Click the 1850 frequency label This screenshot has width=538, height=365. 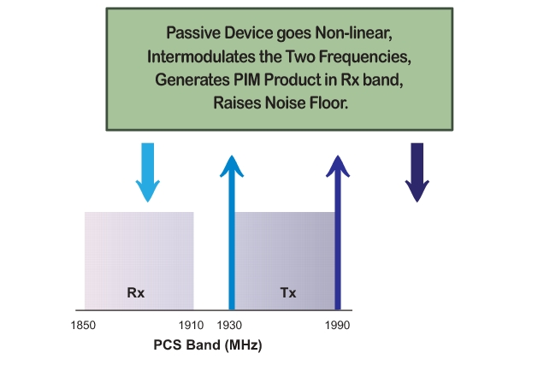click(83, 325)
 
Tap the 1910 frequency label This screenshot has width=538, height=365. click(191, 325)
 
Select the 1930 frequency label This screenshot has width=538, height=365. click(229, 325)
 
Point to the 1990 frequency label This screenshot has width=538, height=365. click(338, 325)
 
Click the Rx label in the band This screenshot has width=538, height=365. click(136, 292)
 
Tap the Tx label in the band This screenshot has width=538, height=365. click(288, 292)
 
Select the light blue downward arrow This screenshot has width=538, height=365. click(147, 173)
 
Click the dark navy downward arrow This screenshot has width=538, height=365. click(417, 173)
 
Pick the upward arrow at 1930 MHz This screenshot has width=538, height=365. click(232, 233)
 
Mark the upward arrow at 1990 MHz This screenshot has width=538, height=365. click(338, 233)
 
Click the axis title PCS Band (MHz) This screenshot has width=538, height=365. click(208, 345)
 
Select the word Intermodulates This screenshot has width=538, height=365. click(201, 56)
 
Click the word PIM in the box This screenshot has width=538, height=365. click(247, 79)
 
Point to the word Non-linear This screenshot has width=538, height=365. click(354, 33)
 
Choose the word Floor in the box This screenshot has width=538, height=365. click(328, 103)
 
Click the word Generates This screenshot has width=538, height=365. click(192, 79)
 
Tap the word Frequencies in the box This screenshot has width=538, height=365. click(365, 57)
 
